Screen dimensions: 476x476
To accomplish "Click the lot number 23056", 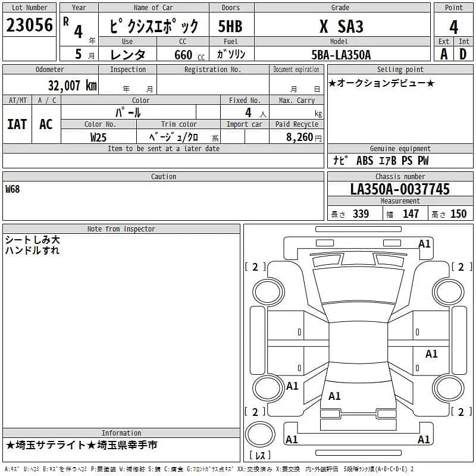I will tap(30, 25).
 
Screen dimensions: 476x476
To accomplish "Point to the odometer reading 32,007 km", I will tap(72, 86).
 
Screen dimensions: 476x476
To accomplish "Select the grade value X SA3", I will tap(342, 27).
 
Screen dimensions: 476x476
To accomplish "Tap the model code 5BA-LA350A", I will tap(342, 55).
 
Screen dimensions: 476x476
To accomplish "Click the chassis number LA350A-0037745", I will tap(400, 189).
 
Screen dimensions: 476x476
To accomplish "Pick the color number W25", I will tap(98, 137).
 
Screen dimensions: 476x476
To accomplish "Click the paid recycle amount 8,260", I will tap(295, 137).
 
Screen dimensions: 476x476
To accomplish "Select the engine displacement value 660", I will tap(183, 55).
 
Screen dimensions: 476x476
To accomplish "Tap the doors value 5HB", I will tap(230, 27).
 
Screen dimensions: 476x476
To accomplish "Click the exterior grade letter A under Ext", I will tap(444, 54).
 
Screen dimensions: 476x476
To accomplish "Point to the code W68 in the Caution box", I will tap(12, 189).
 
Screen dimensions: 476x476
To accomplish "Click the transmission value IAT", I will tap(17, 124).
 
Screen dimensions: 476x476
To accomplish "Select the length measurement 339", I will tap(361, 214).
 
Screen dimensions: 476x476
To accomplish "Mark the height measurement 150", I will tap(458, 214).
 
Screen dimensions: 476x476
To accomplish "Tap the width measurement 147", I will tap(411, 214).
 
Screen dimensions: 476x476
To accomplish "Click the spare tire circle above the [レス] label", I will tap(260, 436).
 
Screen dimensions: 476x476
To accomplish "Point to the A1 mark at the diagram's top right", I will tap(424, 244).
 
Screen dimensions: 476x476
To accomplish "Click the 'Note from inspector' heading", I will tap(121, 228).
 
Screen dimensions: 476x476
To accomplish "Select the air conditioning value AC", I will tap(46, 124).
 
